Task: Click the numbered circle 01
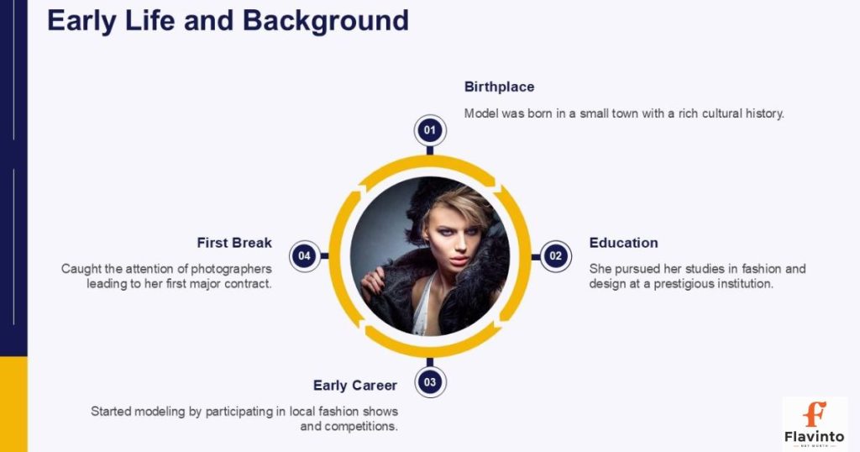pos(430,130)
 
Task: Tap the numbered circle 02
pos(555,255)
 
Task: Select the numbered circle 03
pos(430,382)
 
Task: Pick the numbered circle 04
pos(305,255)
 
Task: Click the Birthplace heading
pos(499,87)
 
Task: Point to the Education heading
pos(623,243)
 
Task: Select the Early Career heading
pos(354,386)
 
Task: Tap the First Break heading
pos(234,243)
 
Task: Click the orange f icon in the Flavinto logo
pos(814,414)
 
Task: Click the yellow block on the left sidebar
pos(13,403)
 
